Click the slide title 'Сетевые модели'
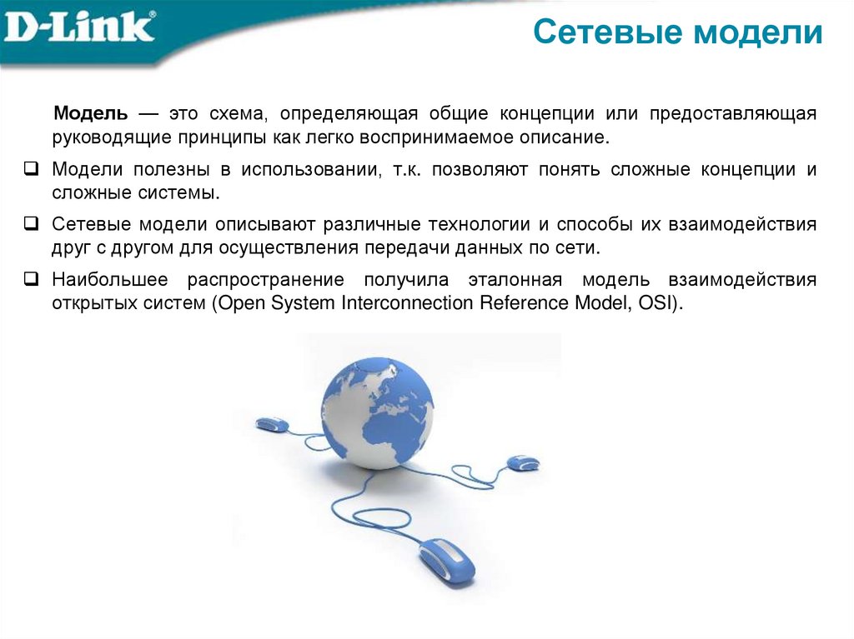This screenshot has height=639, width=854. point(677,33)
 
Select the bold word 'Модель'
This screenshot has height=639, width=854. point(91,113)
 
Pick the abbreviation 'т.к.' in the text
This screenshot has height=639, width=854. point(408,169)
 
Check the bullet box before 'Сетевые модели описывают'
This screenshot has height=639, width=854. point(29,223)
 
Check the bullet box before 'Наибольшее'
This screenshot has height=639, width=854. point(29,279)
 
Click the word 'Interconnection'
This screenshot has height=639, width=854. point(409,303)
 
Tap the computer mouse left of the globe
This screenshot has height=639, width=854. point(272,425)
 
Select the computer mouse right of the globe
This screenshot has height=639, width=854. point(523,462)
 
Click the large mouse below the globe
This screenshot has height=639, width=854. point(446,558)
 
